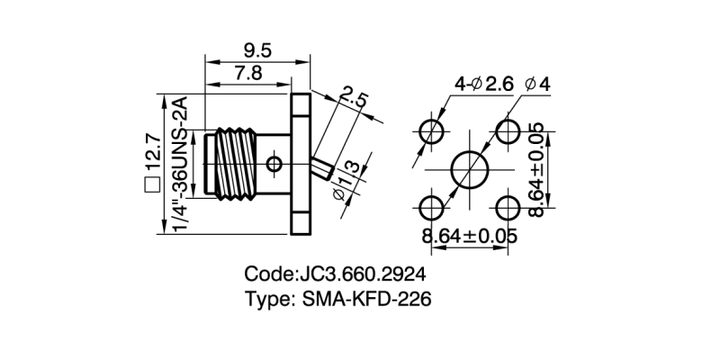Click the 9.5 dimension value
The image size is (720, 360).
(256, 49)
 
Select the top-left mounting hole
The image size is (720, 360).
(432, 129)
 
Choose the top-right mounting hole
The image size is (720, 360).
(508, 129)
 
